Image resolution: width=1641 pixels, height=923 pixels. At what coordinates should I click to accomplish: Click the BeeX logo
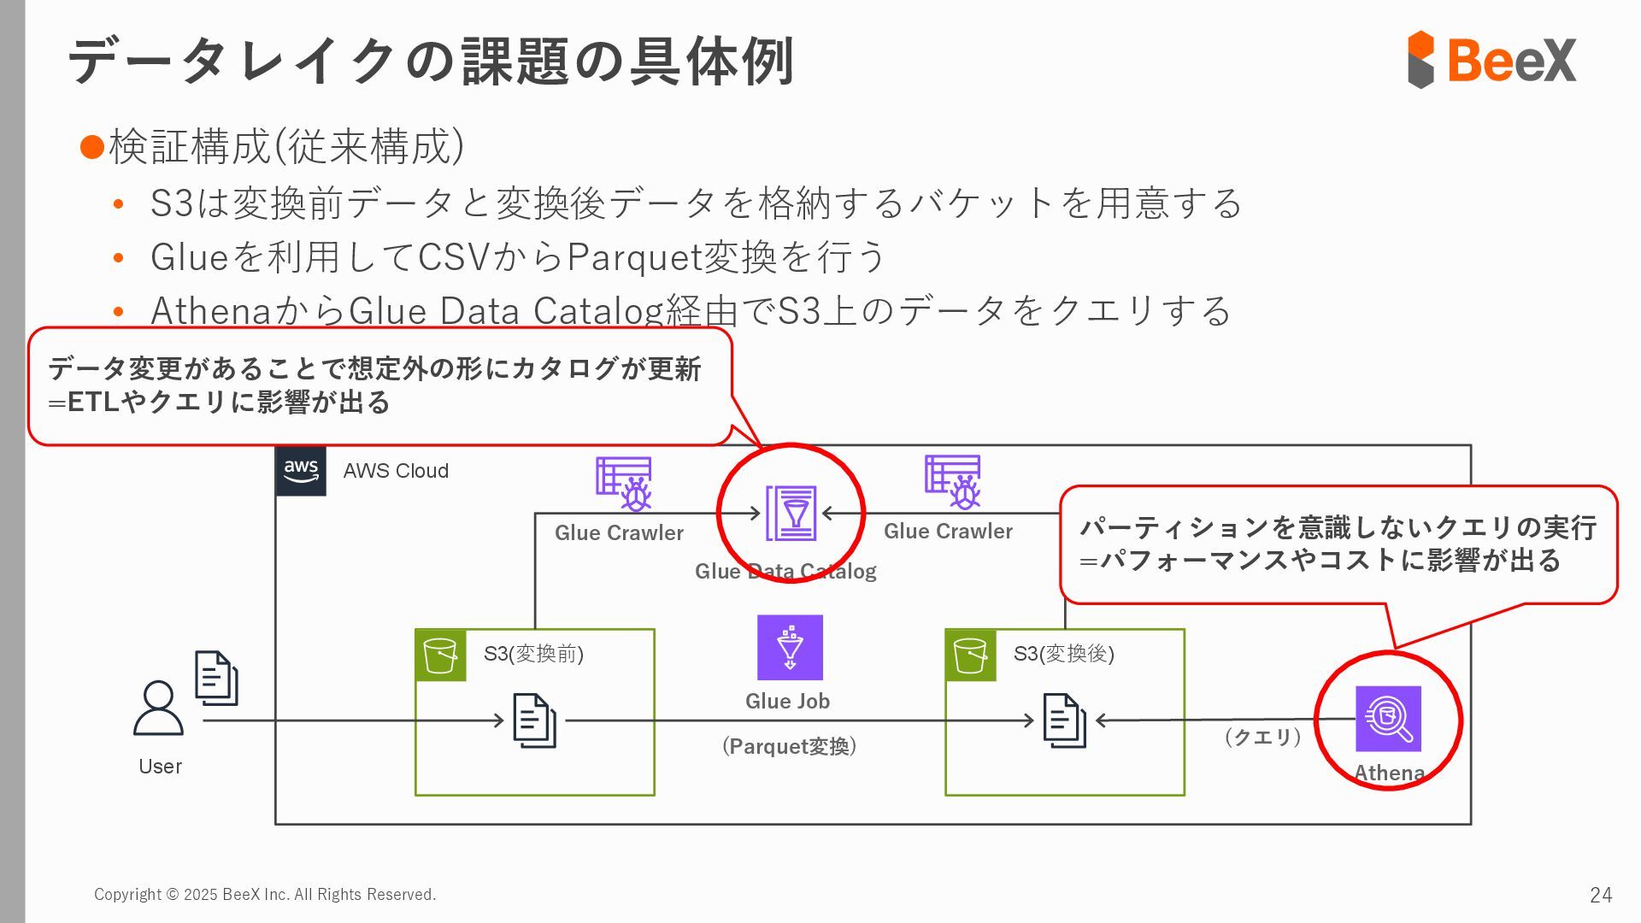coord(1491,60)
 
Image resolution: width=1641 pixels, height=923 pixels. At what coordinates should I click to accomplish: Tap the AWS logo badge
coord(301,470)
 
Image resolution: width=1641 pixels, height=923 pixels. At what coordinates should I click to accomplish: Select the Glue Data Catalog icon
coord(791,513)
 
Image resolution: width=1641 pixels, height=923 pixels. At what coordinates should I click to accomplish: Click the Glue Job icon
coord(790,647)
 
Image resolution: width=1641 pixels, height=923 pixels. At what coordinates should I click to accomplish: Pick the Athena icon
coord(1388,719)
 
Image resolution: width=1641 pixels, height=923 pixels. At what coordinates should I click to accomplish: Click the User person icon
coord(158,708)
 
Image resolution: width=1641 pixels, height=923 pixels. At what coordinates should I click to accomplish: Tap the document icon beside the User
coord(216,678)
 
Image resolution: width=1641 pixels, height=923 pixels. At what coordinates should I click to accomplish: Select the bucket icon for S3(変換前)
coord(441,656)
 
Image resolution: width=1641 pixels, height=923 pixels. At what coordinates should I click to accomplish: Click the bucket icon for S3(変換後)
coord(971,656)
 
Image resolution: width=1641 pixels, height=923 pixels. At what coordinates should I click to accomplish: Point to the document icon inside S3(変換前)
coord(534,720)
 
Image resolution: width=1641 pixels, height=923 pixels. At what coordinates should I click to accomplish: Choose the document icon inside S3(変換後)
coord(1064,720)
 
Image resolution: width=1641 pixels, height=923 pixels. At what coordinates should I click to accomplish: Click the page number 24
coord(1600,895)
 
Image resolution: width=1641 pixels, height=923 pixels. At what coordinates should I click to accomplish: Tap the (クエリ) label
coord(1262,737)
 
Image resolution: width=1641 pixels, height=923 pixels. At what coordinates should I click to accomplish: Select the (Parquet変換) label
coord(789,746)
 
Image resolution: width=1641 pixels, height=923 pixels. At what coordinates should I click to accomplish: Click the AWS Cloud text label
coord(396,471)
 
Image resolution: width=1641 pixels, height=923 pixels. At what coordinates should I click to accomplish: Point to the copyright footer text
coord(265,894)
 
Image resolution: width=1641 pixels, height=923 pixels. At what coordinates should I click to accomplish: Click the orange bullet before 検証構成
coord(91,147)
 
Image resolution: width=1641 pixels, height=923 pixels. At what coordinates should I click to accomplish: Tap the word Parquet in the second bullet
coord(632,257)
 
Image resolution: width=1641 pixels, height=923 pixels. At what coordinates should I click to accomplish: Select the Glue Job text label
coord(787,701)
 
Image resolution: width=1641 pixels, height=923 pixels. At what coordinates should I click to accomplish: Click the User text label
coord(160,767)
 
